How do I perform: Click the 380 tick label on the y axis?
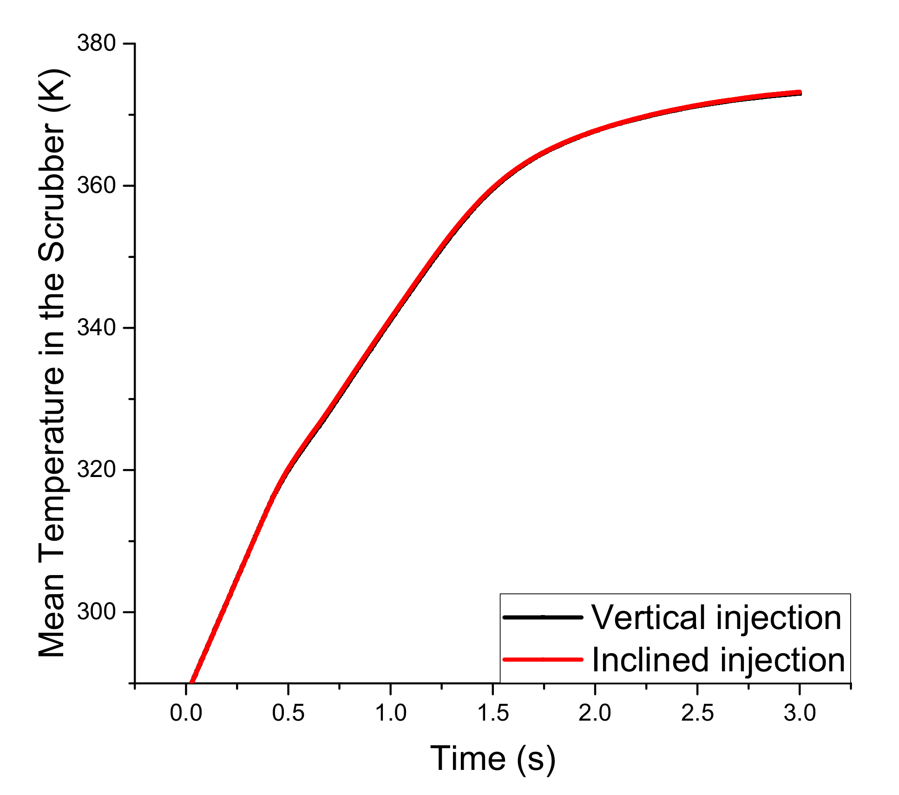click(96, 44)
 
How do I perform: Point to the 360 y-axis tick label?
click(96, 186)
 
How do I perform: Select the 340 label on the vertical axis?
click(96, 328)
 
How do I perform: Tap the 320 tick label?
click(96, 470)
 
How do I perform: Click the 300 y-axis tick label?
click(96, 612)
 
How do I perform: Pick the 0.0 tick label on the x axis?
click(186, 713)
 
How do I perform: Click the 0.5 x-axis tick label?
click(288, 713)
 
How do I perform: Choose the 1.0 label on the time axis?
click(391, 713)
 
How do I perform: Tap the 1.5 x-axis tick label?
click(493, 713)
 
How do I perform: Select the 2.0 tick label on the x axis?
click(595, 713)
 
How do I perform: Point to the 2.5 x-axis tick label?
click(697, 713)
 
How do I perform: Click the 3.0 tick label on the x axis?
click(800, 713)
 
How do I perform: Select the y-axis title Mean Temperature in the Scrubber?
click(52, 363)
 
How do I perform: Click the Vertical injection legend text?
click(716, 618)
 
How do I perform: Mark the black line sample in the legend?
click(543, 617)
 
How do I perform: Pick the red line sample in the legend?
click(543, 659)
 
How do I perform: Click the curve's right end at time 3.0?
click(800, 93)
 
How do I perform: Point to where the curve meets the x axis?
click(191, 682)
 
